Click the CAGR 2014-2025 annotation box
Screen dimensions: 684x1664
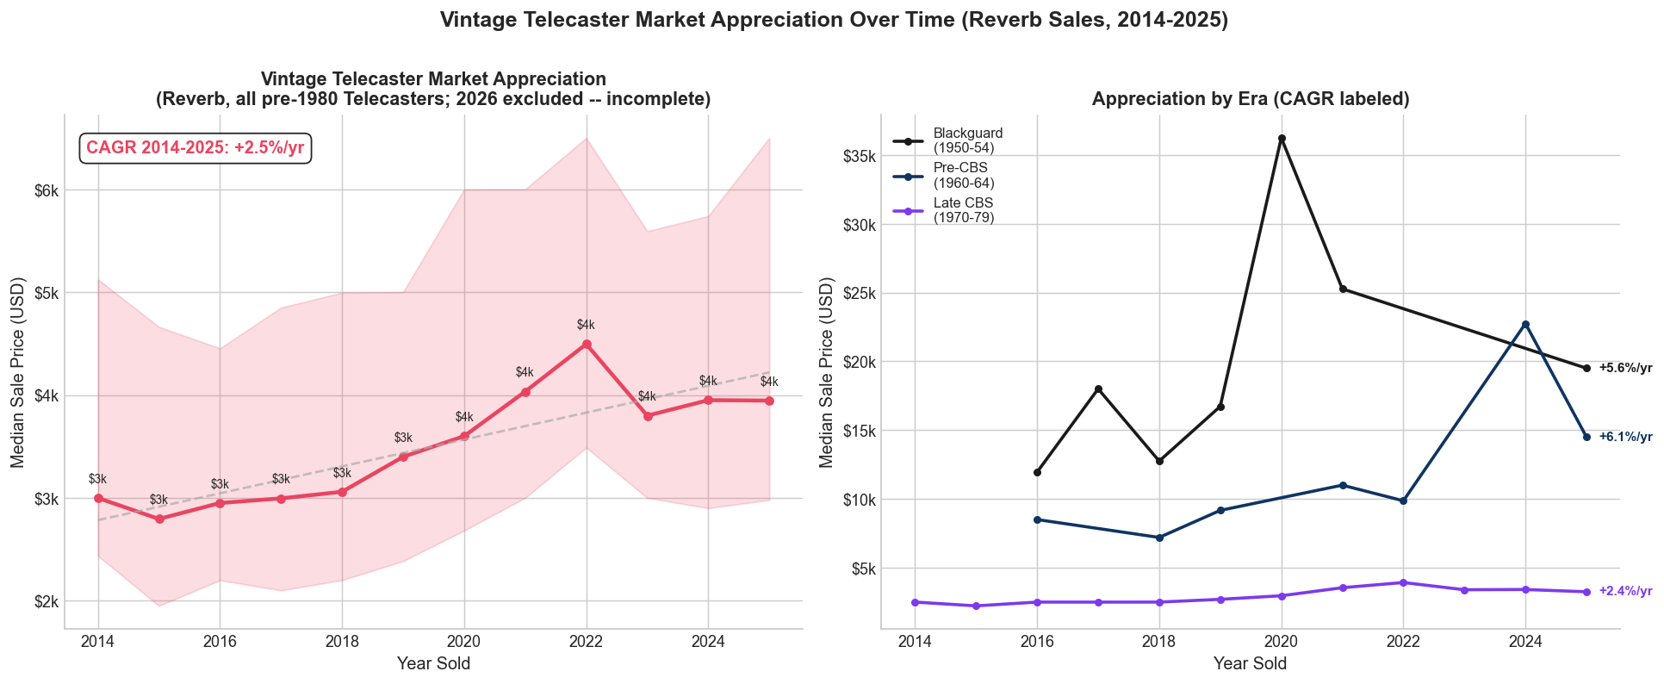(x=196, y=148)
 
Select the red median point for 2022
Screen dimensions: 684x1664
(x=587, y=344)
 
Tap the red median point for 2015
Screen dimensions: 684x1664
(x=159, y=519)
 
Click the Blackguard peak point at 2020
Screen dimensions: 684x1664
(x=1282, y=139)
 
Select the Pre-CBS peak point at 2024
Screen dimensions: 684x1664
(x=1525, y=324)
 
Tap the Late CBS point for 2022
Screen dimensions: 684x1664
(x=1403, y=582)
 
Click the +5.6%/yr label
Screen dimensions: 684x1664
(x=1625, y=368)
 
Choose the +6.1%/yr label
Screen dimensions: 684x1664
(x=1625, y=437)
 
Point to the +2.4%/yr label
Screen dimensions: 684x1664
(x=1625, y=591)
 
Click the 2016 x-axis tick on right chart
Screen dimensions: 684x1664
(x=1037, y=642)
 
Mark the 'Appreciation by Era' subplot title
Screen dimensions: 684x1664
(x=1250, y=99)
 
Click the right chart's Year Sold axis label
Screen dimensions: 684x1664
(x=1250, y=663)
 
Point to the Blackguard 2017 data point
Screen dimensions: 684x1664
(x=1098, y=389)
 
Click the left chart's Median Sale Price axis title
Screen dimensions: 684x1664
(x=18, y=372)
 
